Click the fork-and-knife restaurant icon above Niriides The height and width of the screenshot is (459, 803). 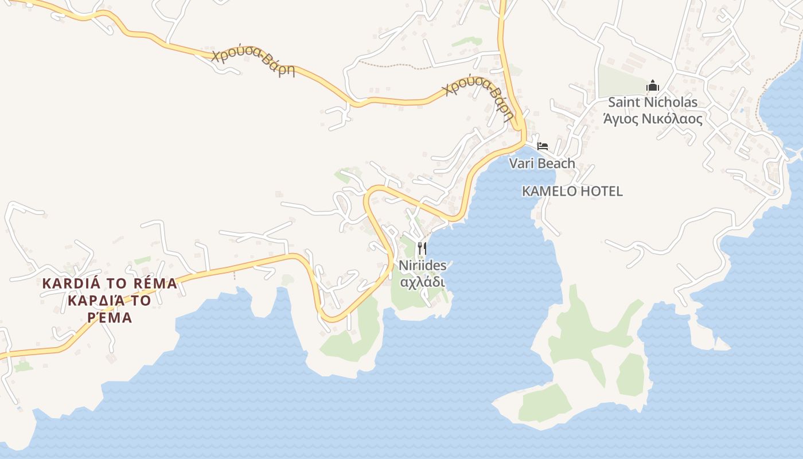click(x=422, y=248)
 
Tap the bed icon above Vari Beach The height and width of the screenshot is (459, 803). click(x=542, y=146)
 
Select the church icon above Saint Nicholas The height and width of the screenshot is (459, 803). click(x=652, y=86)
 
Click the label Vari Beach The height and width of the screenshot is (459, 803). click(x=542, y=164)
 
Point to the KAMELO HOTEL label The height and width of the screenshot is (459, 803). click(x=572, y=191)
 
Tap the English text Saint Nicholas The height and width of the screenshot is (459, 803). click(x=652, y=103)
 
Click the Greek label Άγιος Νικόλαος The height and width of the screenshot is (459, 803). click(x=652, y=119)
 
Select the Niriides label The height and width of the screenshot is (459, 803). click(x=422, y=266)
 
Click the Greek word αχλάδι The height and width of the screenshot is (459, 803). click(x=422, y=282)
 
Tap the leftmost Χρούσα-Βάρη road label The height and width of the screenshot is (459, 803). click(x=253, y=63)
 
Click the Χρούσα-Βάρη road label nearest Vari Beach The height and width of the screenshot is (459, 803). click(x=479, y=98)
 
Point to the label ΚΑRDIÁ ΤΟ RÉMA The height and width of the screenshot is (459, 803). click(x=110, y=283)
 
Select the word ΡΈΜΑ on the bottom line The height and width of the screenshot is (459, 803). click(x=110, y=317)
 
